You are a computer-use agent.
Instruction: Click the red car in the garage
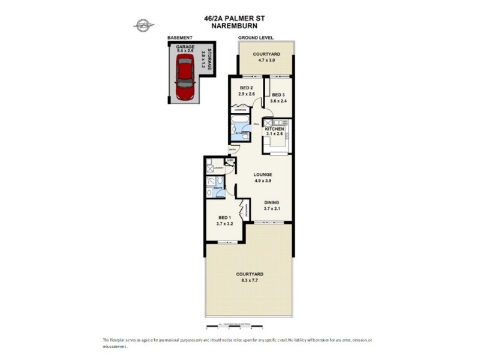coord(185,78)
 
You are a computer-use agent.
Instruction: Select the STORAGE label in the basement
coord(209,61)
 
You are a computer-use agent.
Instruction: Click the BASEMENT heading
coord(180,38)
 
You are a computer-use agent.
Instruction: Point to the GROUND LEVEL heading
coord(256,38)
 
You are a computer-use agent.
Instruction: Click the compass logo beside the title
coord(143,25)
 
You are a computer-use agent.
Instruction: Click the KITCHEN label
coord(275,129)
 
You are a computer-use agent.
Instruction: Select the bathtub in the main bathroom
coord(236,128)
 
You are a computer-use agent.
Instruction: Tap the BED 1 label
coord(224,218)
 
